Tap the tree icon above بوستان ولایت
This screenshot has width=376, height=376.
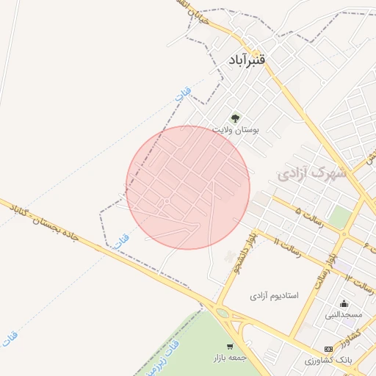(x=236, y=117)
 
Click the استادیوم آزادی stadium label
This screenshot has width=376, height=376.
(x=274, y=295)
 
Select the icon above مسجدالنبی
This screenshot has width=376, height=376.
(x=344, y=303)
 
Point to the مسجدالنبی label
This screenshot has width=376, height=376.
(x=344, y=315)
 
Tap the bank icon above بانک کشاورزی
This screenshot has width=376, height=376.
(x=328, y=349)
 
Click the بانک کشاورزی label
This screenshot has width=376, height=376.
(x=320, y=361)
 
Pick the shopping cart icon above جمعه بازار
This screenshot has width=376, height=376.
(x=230, y=347)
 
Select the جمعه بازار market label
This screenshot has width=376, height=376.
(x=228, y=358)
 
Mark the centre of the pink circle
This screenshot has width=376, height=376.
(x=188, y=187)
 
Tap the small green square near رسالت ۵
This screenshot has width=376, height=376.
(x=339, y=217)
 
